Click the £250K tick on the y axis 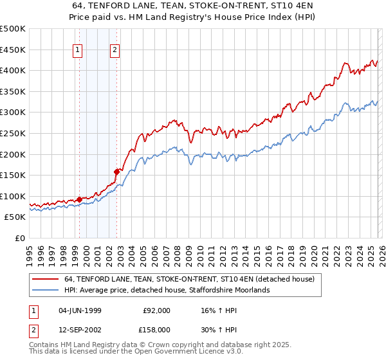tap(13, 133)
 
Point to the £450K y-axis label tap(13, 50)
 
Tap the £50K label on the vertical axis tap(15, 217)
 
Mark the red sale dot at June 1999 tap(79, 199)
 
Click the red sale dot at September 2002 tap(116, 172)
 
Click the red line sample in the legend tap(44, 280)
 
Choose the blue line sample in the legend tap(44, 291)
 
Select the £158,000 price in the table tap(156, 328)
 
